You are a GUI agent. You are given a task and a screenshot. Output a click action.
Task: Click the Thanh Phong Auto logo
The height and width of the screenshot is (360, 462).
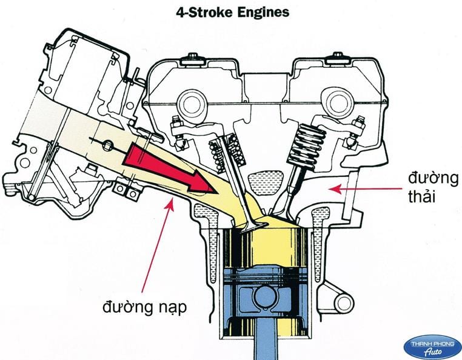click(432, 345)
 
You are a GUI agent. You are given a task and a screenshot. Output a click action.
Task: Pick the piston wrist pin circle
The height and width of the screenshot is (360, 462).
click(266, 297)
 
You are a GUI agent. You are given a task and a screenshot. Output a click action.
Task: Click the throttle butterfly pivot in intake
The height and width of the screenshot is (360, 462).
click(107, 145)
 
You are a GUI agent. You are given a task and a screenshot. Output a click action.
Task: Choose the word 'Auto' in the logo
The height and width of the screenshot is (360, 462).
click(432, 350)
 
